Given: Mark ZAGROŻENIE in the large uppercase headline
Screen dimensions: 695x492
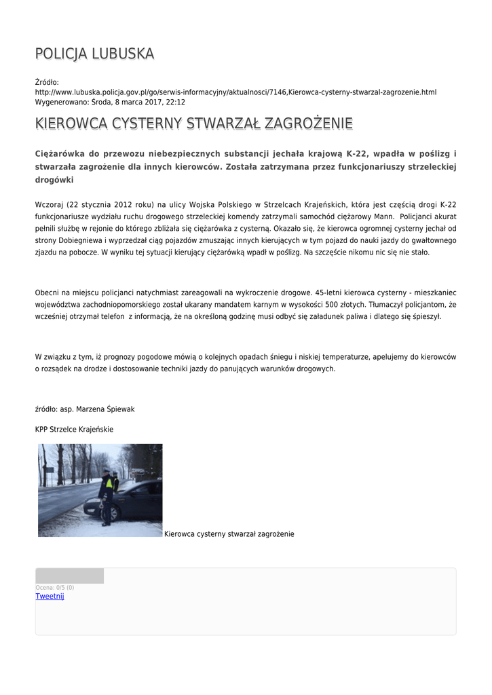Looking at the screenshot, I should pos(309,124).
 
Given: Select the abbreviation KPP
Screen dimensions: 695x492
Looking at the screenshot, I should pos(41,430).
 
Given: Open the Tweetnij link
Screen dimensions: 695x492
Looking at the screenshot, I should pos(50,596).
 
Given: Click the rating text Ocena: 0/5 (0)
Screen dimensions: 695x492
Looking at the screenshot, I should pos(55,587).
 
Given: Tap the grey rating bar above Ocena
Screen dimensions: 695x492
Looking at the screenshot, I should pos(69,576).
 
